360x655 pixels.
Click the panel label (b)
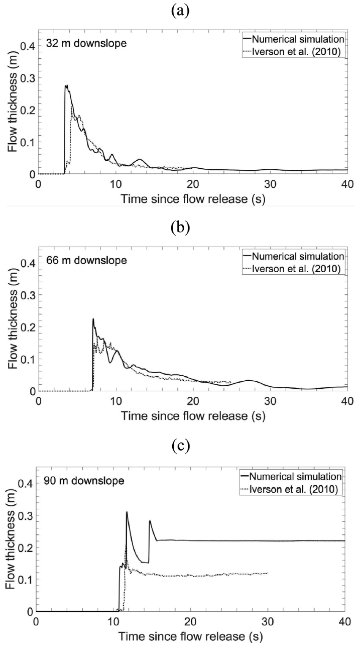pyautogui.click(x=180, y=228)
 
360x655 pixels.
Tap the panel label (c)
pyautogui.click(x=180, y=446)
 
